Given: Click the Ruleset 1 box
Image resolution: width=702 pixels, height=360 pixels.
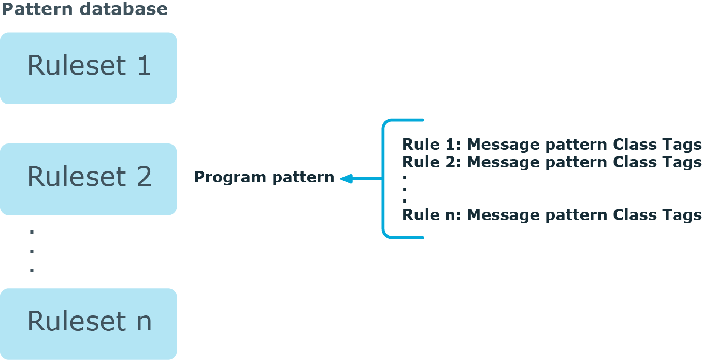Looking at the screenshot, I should pyautogui.click(x=88, y=68).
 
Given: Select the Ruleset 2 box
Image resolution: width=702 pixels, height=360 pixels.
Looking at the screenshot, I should pyautogui.click(x=88, y=179).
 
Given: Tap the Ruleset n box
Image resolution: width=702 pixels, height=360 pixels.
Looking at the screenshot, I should pyautogui.click(x=88, y=323).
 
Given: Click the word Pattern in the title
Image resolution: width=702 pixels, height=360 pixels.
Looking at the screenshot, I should pyautogui.click(x=33, y=9).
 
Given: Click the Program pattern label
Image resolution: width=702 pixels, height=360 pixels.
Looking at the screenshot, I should pyautogui.click(x=264, y=178).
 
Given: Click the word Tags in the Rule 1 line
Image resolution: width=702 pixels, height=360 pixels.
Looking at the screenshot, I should pyautogui.click(x=681, y=145).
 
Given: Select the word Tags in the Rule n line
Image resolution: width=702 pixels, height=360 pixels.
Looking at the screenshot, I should pyautogui.click(x=681, y=215).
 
